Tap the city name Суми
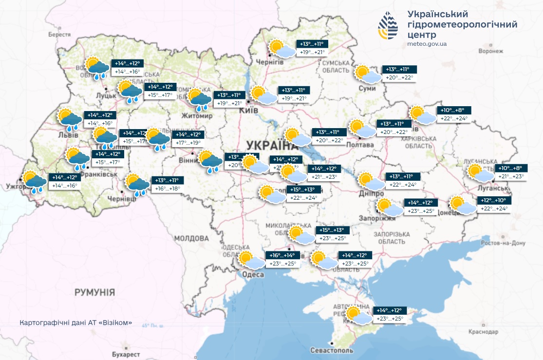(370, 88)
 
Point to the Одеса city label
(253, 275)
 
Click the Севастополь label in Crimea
(332, 350)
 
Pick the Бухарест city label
(125, 354)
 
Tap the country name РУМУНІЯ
(94, 292)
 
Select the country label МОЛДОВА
(191, 239)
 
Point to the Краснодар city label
(484, 332)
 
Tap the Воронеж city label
(490, 51)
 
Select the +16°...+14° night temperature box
(282, 255)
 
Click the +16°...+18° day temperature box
(167, 189)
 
